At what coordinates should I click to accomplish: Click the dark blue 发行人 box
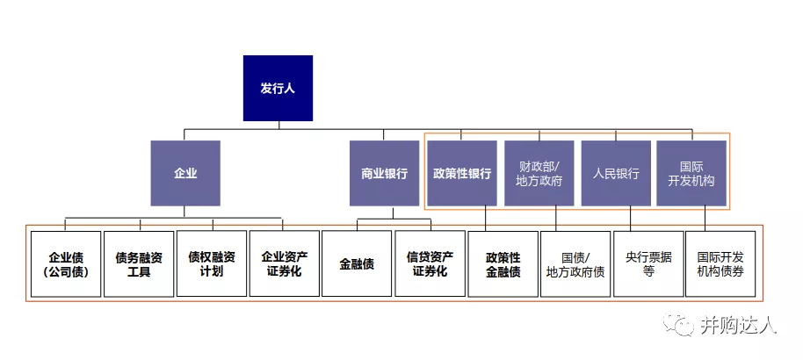[x=278, y=88]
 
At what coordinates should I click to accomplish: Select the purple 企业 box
[x=184, y=173]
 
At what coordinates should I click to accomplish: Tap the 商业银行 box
[x=384, y=173]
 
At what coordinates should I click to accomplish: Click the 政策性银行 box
[x=462, y=173]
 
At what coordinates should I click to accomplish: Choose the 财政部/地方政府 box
[x=539, y=173]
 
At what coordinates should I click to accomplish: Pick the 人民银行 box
[x=615, y=173]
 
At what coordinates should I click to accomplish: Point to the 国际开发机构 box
[x=691, y=173]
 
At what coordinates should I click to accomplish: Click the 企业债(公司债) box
[x=66, y=263]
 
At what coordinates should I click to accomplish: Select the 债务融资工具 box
[x=139, y=263]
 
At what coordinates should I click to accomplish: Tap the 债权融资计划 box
[x=212, y=263]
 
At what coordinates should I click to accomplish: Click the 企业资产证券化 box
[x=284, y=263]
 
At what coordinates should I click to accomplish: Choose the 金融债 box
[x=357, y=263]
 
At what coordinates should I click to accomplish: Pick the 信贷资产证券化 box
[x=430, y=263]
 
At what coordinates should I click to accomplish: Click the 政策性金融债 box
[x=503, y=263]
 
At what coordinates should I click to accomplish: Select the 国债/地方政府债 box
[x=575, y=263]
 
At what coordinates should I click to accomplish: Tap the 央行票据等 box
[x=648, y=263]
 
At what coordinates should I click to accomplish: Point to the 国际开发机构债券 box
[x=720, y=263]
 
